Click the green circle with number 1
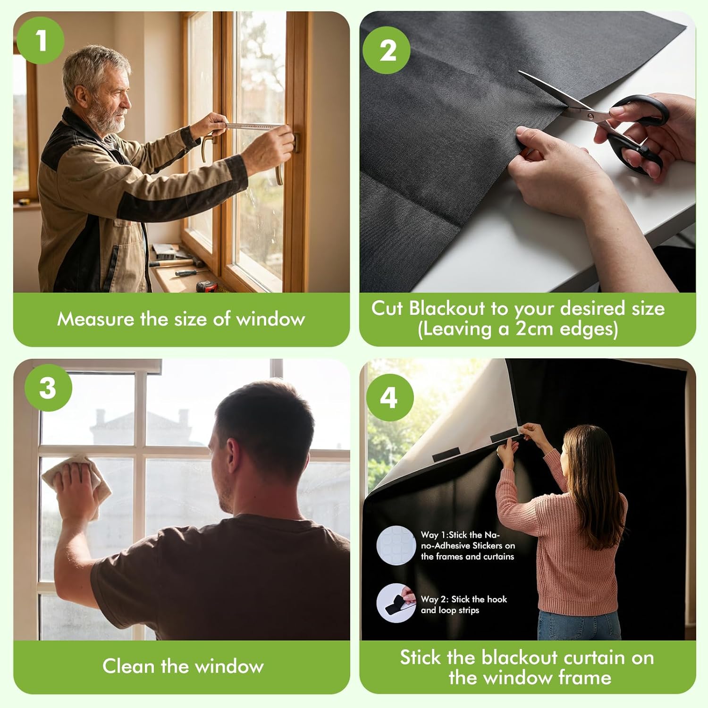(41, 41)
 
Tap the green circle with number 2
(387, 50)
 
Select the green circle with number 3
(48, 388)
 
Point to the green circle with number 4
(389, 397)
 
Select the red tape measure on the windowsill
(207, 286)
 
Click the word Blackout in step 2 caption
(447, 308)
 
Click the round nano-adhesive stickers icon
(396, 545)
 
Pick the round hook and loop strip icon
(396, 603)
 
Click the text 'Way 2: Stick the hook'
(464, 599)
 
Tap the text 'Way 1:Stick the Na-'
(460, 535)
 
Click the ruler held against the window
(253, 126)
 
